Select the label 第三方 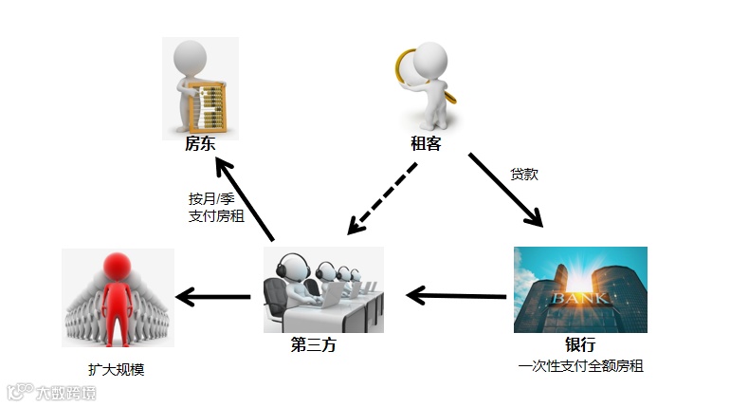(314, 345)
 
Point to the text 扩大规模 (118, 369)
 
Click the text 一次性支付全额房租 (580, 365)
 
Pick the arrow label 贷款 (524, 175)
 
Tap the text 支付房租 (216, 216)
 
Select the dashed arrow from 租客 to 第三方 (382, 198)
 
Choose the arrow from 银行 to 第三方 (455, 295)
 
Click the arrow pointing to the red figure (213, 297)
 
